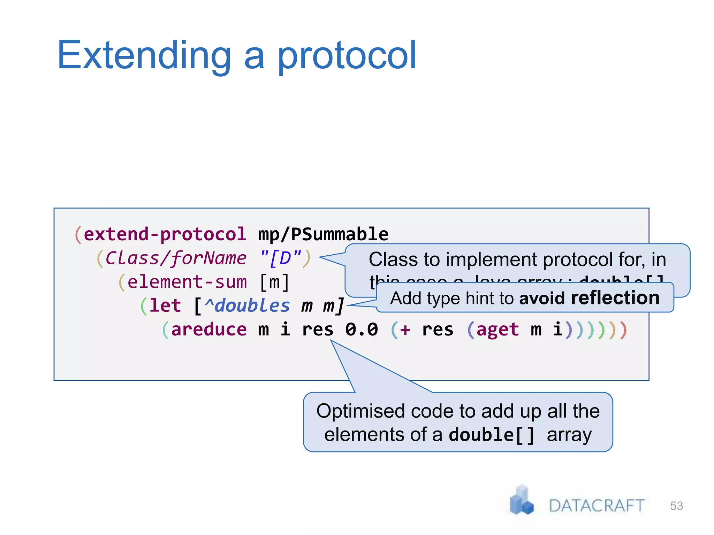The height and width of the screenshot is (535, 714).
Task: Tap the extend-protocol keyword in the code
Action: click(165, 234)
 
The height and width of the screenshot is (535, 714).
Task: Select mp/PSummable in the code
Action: click(323, 234)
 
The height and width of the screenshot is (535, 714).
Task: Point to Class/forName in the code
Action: click(176, 258)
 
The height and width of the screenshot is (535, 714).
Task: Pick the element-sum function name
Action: click(187, 282)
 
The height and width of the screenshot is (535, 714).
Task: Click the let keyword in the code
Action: click(165, 305)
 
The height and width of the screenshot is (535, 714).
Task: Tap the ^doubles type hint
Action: click(247, 305)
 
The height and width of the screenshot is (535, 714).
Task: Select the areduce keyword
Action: click(209, 329)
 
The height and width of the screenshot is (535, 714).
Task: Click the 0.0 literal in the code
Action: click(362, 329)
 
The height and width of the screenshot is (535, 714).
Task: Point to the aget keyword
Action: click(497, 329)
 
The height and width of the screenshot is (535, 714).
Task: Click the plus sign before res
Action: click(405, 329)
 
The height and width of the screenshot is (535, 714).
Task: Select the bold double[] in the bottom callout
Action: click(492, 435)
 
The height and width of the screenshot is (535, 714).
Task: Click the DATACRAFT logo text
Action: click(597, 506)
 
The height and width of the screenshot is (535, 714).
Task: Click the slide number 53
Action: click(676, 506)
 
